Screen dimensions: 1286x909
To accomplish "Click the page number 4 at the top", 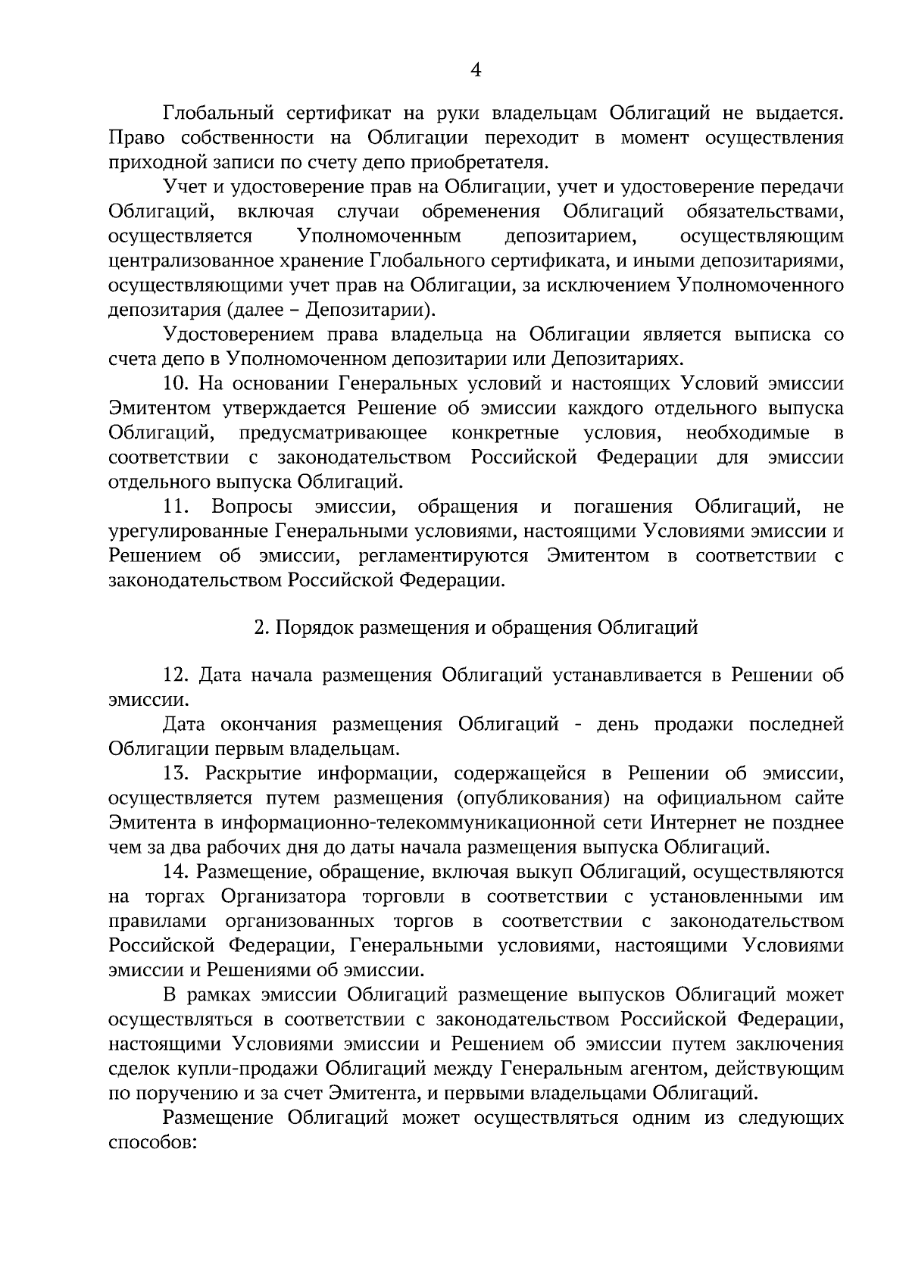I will [x=476, y=70].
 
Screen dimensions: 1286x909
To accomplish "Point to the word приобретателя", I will [x=487, y=163].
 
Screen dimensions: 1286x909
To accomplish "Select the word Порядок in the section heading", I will [x=311, y=628].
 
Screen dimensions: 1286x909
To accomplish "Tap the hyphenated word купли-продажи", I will [x=257, y=1069].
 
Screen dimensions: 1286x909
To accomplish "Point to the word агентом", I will [x=656, y=1069].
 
